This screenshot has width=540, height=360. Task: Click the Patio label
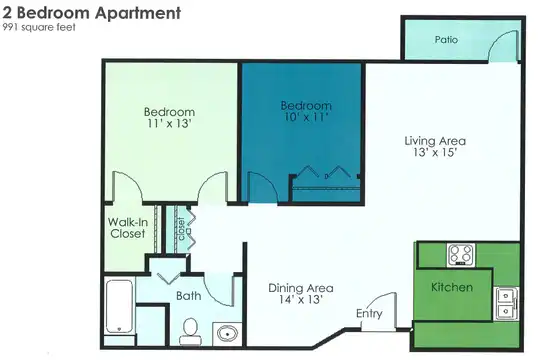pos(446,40)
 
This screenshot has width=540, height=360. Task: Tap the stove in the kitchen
pos(461,255)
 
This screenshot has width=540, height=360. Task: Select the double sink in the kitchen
pos(506,304)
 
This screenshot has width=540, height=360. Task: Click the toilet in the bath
pos(190,331)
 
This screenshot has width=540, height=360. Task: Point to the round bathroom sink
pos(227,334)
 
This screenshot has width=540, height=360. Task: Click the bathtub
pos(119,306)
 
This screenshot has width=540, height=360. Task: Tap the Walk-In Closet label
pos(128,228)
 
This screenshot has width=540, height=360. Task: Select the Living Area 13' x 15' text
pos(435,146)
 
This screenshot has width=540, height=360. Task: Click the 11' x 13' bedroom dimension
pos(169,123)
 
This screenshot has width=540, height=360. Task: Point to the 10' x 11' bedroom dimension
pos(306,117)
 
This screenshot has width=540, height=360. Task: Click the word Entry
pos(369,314)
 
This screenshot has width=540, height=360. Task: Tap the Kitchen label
pos(452,287)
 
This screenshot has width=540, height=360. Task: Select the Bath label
pos(188,296)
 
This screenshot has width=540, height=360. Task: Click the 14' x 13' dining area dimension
pos(301,299)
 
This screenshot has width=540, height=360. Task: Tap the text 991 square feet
pos(39,27)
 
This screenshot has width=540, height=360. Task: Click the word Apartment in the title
pos(138,13)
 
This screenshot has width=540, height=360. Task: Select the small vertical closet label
pos(181,229)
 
